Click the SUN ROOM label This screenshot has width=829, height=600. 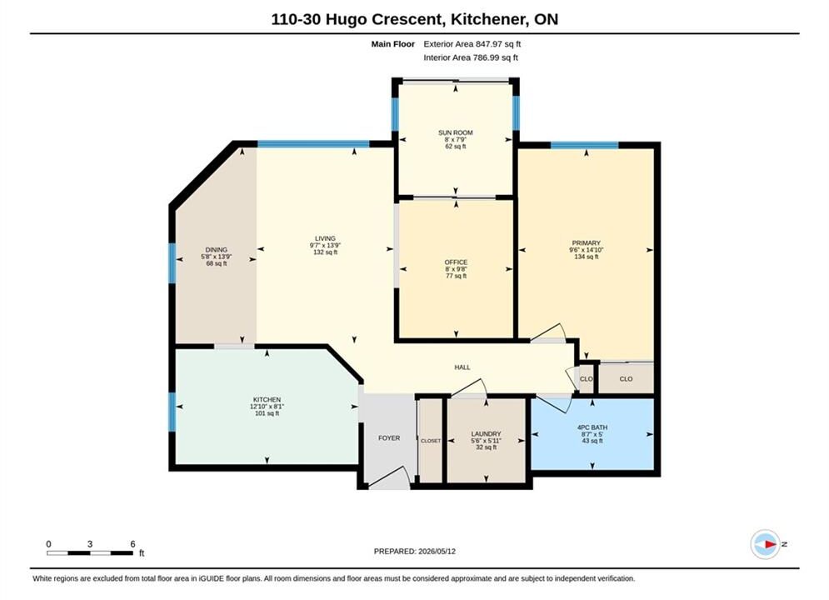[x=455, y=132]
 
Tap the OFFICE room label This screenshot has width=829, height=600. [x=456, y=262]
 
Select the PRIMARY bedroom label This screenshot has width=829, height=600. [x=586, y=243]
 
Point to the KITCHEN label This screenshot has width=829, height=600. [x=267, y=400]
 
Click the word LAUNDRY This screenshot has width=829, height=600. [x=486, y=434]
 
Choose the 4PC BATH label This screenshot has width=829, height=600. [x=592, y=427]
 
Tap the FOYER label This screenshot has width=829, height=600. [x=389, y=437]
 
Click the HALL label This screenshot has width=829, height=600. [x=462, y=367]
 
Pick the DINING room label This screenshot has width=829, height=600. [x=217, y=249]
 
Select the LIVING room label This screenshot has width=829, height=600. [x=325, y=238]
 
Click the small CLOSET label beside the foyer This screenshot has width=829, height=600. [x=431, y=440]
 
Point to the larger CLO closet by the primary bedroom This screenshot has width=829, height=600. [x=626, y=378]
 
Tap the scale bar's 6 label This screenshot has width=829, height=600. [x=132, y=543]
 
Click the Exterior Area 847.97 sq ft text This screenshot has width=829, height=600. [x=472, y=44]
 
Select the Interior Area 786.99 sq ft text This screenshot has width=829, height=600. [x=471, y=57]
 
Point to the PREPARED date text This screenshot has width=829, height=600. [x=415, y=552]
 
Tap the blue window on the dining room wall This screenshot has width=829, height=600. [x=172, y=262]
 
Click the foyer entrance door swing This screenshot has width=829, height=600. [x=390, y=477]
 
